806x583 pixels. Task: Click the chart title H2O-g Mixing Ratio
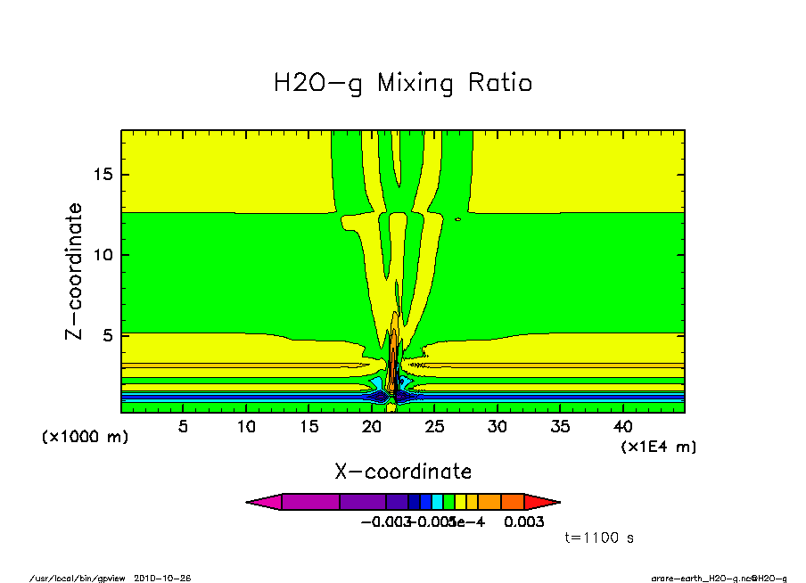[402, 84]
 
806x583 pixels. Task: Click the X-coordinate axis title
[403, 472]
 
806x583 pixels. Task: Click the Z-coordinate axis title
[76, 271]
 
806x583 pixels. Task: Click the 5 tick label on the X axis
[184, 426]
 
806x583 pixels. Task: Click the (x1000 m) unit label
[85, 438]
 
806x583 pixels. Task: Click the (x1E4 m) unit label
[659, 446]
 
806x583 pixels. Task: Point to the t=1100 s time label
[599, 538]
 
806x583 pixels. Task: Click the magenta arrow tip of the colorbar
[263, 502]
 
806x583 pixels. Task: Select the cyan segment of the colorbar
[438, 502]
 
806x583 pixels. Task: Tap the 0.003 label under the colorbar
[523, 521]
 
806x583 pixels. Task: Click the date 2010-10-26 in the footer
[162, 578]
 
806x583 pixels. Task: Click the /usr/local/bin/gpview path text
[78, 578]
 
